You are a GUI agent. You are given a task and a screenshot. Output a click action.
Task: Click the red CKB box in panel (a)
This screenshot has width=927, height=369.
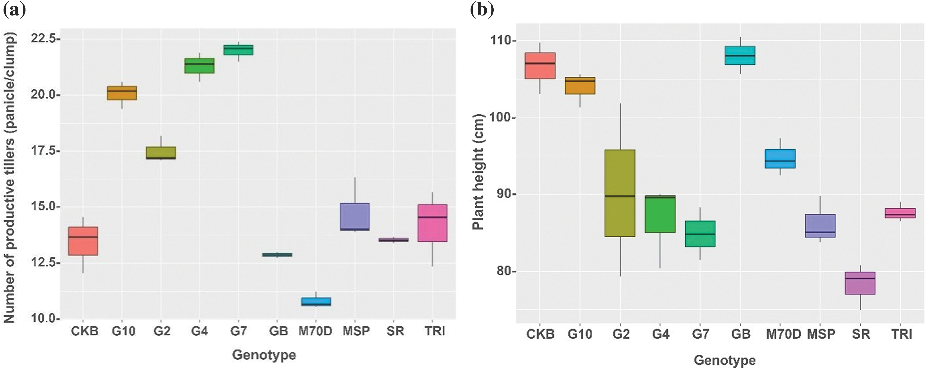pyautogui.click(x=83, y=241)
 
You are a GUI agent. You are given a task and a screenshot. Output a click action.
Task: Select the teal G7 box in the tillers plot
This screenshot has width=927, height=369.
pyautogui.click(x=238, y=50)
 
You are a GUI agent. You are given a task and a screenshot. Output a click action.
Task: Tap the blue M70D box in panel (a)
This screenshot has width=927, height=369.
pyautogui.click(x=316, y=302)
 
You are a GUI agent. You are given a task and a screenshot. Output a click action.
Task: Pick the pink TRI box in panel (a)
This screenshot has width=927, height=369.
pyautogui.click(x=432, y=223)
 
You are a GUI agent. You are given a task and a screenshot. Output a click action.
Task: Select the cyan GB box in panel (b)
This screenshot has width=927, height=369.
pyautogui.click(x=740, y=55)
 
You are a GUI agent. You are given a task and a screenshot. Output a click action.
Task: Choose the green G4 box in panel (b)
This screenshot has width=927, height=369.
pyautogui.click(x=660, y=214)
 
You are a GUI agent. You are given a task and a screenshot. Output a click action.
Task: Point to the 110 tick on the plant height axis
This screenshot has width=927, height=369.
pyautogui.click(x=501, y=40)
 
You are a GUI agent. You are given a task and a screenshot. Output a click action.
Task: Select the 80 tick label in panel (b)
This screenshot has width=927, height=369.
pyautogui.click(x=504, y=271)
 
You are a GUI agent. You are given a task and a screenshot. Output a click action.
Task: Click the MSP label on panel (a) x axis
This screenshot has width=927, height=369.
pyautogui.click(x=356, y=331)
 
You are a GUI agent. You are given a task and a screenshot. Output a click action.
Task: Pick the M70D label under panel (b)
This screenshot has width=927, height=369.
pyautogui.click(x=783, y=334)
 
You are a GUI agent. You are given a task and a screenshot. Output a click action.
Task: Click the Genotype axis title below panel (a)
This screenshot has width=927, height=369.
pyautogui.click(x=264, y=355)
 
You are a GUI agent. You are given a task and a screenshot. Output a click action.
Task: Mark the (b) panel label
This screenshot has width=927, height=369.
pyautogui.click(x=482, y=10)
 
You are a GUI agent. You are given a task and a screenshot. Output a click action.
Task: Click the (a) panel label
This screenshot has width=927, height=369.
pyautogui.click(x=14, y=10)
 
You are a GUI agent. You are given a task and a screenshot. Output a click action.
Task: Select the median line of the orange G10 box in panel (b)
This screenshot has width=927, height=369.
pyautogui.click(x=580, y=81)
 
